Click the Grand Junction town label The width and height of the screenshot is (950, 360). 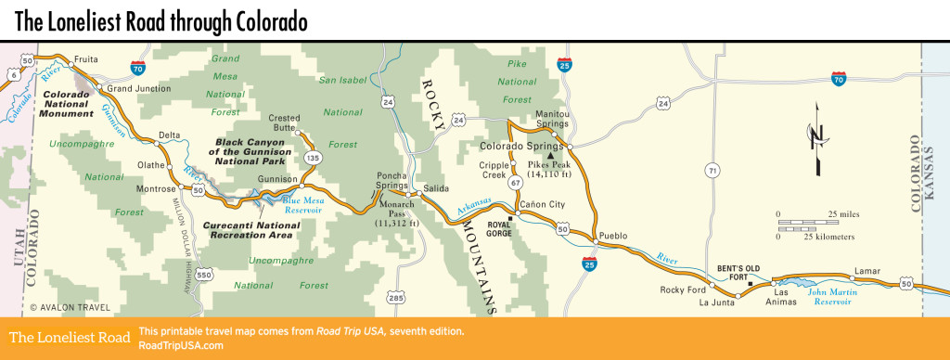point(139,88)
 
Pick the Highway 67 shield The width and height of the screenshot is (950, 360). point(514,184)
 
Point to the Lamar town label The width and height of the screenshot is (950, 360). point(865,270)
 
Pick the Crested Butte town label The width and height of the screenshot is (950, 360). point(285,123)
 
